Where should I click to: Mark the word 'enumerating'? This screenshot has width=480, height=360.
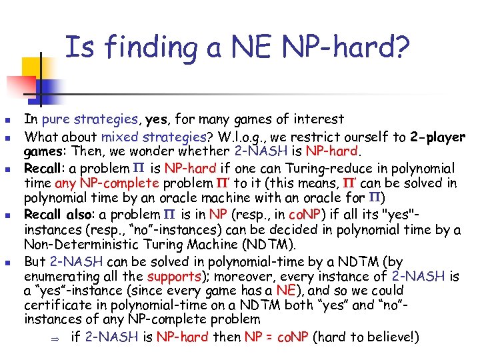(57, 276)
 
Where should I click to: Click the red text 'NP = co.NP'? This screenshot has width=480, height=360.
(273, 337)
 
